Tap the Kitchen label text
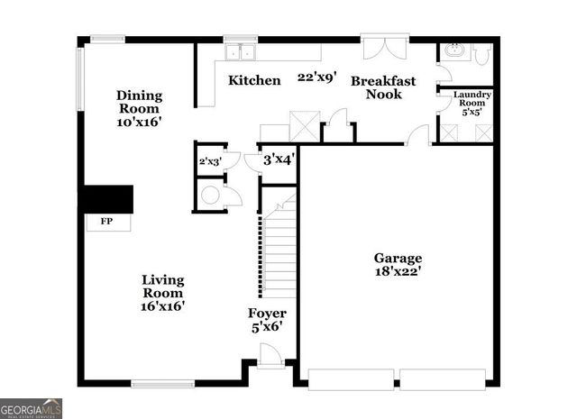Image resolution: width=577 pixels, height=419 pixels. coord(253,80)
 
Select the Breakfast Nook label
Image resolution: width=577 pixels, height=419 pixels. coord(383,87)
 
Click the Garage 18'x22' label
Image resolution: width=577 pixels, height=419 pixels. coord(398,264)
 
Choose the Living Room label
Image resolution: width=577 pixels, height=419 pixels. coord(162,292)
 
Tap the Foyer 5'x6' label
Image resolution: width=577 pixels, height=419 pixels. coord(267,320)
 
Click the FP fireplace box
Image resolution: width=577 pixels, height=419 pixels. coord(105,221)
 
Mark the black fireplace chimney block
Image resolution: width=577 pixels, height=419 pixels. coord(108,198)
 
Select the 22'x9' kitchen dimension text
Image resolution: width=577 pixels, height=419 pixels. coord(317,77)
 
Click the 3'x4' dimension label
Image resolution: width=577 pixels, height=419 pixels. coord(279,159)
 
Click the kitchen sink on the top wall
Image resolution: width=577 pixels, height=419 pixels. coord(241,50)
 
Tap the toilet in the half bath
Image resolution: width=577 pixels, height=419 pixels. coord(481,54)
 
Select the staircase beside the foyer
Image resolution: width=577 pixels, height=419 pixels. coord(279,252)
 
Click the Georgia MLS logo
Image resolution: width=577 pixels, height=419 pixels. coord(32,408)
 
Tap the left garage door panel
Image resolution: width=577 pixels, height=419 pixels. coord(350,378)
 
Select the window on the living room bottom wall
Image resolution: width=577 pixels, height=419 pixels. coord(162,384)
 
